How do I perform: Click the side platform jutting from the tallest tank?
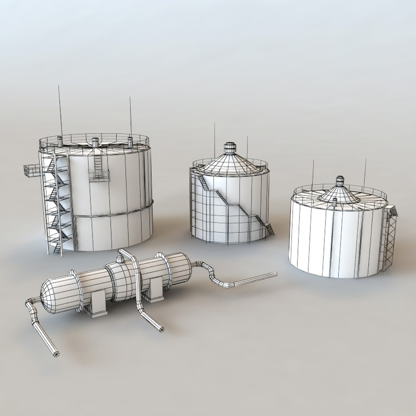[31, 170]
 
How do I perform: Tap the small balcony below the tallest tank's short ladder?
[99, 176]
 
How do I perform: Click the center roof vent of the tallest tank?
[95, 143]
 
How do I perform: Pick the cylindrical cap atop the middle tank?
[230, 148]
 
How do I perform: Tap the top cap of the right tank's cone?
[340, 181]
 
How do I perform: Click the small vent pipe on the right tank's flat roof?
[335, 202]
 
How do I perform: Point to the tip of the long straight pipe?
[275, 274]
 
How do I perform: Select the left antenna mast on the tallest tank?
[60, 112]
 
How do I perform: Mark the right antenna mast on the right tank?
[364, 173]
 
